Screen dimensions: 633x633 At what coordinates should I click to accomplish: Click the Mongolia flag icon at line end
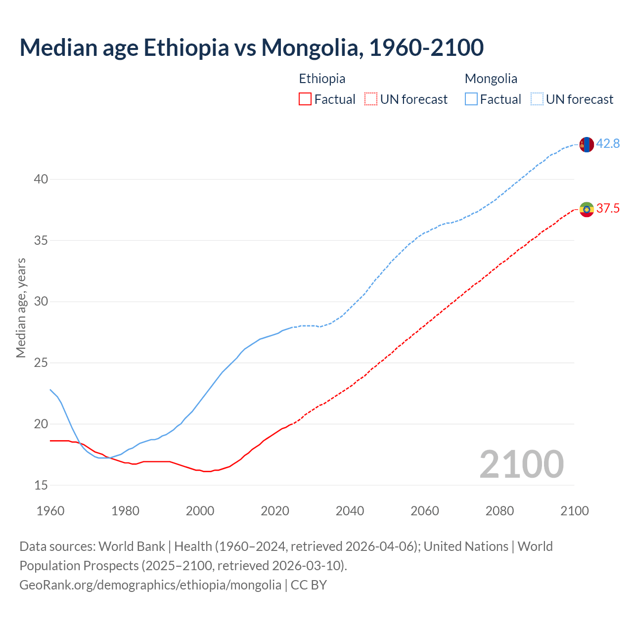pos(587,144)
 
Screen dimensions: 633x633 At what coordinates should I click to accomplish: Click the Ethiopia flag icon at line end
pos(587,209)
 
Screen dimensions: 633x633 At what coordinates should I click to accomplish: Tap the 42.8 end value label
pos(608,144)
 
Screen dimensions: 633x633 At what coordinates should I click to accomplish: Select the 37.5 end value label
pos(608,209)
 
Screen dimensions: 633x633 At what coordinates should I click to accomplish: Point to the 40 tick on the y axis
pos(41,180)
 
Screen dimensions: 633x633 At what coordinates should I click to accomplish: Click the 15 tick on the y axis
pos(41,485)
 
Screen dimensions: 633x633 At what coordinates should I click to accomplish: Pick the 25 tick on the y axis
pos(41,363)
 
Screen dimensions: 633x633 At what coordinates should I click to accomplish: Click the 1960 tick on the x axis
pos(50,511)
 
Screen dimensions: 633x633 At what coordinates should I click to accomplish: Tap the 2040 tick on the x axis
pos(350,511)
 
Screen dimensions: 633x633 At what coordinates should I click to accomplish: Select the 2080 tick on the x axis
pos(499,511)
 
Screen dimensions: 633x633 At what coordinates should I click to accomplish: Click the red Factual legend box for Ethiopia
pos(305,99)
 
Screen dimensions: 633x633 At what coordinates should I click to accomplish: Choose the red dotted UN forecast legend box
pos(371,99)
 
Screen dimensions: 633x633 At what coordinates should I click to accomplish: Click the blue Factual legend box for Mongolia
pos(471,99)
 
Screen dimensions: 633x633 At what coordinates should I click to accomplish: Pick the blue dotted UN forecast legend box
pos(537,99)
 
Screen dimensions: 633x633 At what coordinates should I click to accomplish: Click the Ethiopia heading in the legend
pos(322,79)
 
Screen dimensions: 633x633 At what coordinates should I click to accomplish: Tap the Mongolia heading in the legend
pos(491,79)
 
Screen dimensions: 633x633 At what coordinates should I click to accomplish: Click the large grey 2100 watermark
pos(521,464)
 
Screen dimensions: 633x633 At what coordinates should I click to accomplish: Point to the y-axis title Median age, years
pos(21,308)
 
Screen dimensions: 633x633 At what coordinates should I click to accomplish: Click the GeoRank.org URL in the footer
pos(150,585)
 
